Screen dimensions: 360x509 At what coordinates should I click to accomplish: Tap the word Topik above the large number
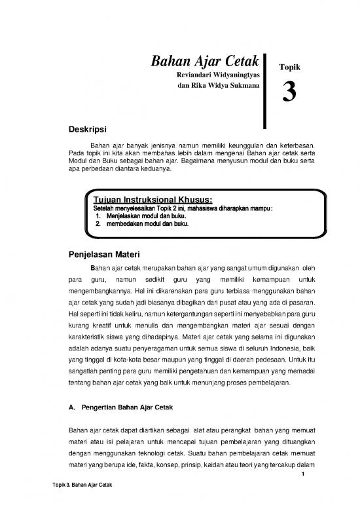pos(289,67)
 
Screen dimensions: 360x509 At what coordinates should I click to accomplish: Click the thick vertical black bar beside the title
pos(264,88)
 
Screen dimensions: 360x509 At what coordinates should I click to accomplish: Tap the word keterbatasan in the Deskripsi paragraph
pos(297,145)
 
